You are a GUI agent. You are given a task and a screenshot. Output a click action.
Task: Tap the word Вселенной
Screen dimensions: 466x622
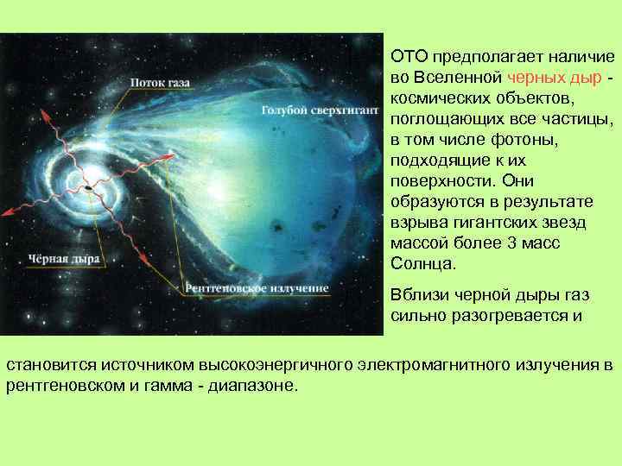tap(464, 78)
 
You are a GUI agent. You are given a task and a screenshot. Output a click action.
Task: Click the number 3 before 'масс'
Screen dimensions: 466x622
tap(510, 243)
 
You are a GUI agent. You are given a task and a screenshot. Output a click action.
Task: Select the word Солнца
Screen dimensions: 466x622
tap(419, 264)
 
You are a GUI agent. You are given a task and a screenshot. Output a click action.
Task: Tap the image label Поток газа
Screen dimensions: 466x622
tap(161, 82)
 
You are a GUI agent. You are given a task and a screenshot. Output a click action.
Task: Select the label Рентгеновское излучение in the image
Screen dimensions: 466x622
tap(257, 287)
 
